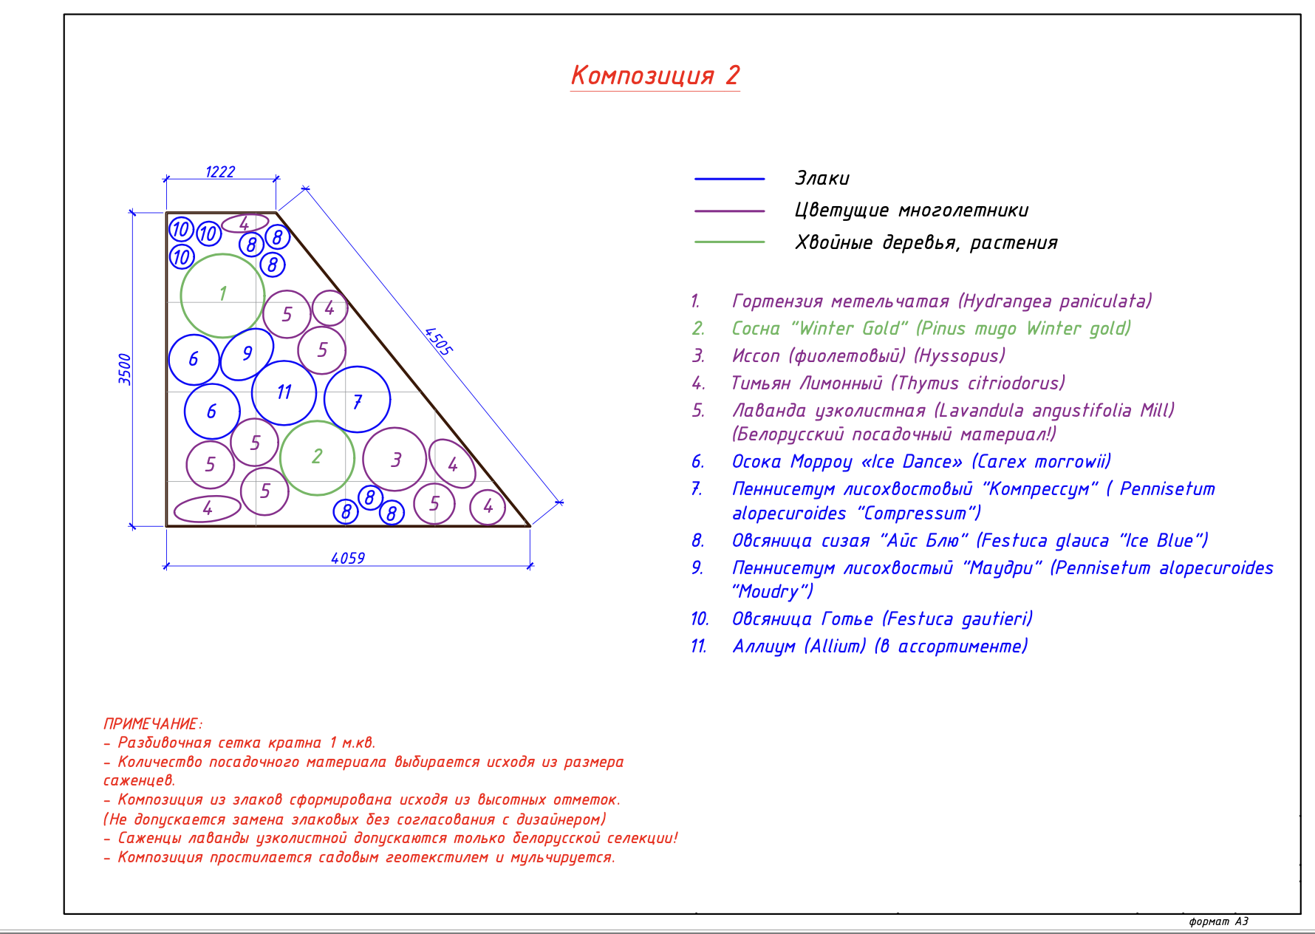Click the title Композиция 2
655,75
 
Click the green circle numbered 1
222,295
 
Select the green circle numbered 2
317,457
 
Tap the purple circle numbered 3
395,460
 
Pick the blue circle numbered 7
358,400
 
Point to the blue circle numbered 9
247,354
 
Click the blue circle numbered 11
284,392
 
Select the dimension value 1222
220,172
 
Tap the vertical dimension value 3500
125,369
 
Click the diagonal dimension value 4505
438,341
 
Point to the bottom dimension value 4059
348,559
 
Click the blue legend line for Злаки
729,179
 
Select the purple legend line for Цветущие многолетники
729,211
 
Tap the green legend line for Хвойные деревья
729,242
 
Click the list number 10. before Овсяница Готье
699,619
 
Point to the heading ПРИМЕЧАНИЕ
152,724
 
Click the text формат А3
1218,921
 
